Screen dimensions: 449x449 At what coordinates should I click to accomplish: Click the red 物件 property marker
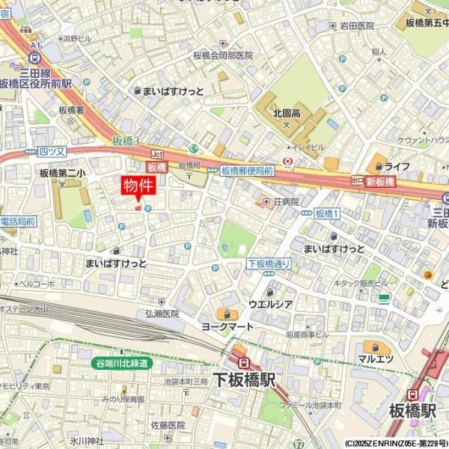[138, 186]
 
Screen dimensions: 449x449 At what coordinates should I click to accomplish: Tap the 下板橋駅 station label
[244, 380]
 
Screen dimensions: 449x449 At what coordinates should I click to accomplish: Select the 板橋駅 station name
[412, 411]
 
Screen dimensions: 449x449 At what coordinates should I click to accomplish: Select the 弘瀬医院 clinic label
[162, 314]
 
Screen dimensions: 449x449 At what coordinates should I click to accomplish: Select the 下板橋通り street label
[269, 263]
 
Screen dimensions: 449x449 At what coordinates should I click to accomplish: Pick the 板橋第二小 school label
[62, 173]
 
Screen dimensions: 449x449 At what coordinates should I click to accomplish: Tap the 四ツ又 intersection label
[52, 151]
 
